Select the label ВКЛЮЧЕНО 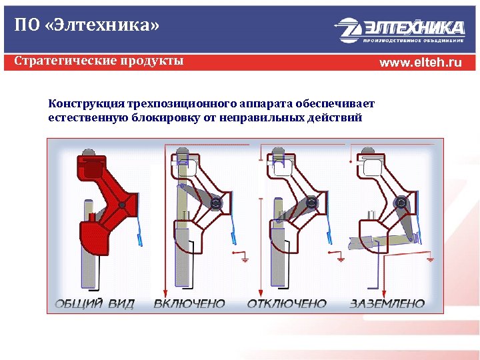(x=189, y=304)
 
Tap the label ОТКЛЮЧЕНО (x=287, y=304)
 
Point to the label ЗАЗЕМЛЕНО (x=387, y=304)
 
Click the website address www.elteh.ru (x=420, y=63)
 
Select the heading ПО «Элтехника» (x=87, y=27)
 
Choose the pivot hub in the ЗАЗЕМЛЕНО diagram (x=400, y=203)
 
